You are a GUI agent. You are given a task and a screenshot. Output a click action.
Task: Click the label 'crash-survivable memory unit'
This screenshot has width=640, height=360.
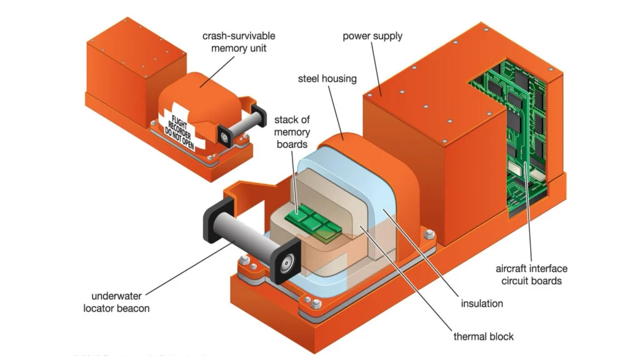point(238,42)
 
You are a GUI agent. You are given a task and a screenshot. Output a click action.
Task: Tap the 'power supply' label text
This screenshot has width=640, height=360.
point(372,36)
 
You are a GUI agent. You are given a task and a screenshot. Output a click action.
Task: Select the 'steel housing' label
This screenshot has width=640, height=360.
point(326,79)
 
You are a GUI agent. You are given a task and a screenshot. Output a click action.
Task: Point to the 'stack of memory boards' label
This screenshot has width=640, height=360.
point(292,132)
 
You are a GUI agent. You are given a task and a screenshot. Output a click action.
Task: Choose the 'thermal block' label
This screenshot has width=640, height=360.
point(483,336)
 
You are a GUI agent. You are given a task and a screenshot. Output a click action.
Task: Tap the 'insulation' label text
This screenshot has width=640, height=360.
point(482,303)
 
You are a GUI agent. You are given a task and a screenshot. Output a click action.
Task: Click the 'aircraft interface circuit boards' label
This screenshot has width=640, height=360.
point(531,274)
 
